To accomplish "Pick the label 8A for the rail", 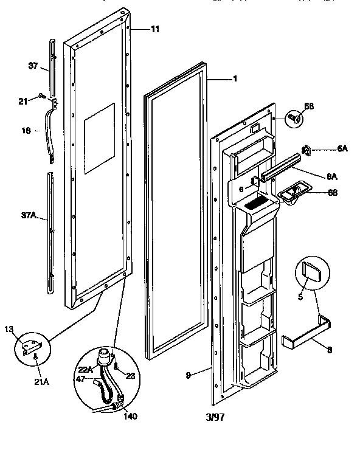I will point(332,176).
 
